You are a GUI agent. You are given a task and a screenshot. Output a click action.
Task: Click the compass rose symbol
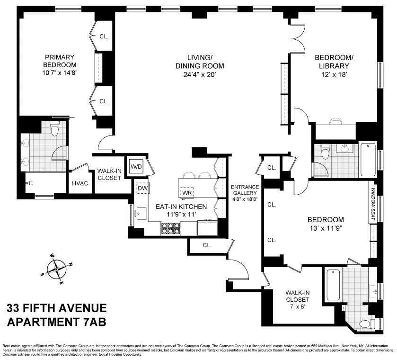[x=57, y=268]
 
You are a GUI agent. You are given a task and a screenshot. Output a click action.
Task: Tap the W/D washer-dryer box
[x=137, y=166]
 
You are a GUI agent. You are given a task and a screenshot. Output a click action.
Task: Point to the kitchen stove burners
[x=169, y=229]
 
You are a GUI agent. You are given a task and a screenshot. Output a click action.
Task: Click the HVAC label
[x=80, y=184]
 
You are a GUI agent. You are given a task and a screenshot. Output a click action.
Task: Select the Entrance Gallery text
[x=244, y=193]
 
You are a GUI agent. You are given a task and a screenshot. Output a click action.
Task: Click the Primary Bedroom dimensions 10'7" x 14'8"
[x=60, y=73]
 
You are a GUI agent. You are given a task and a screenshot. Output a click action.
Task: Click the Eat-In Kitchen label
[x=182, y=207]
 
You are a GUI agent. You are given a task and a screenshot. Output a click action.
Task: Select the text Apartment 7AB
[x=56, y=322]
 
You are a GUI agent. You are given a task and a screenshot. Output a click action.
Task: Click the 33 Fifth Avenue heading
[x=56, y=308]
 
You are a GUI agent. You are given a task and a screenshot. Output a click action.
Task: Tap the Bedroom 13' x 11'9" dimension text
[x=326, y=228]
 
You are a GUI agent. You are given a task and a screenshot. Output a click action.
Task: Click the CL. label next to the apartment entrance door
[x=207, y=245]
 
